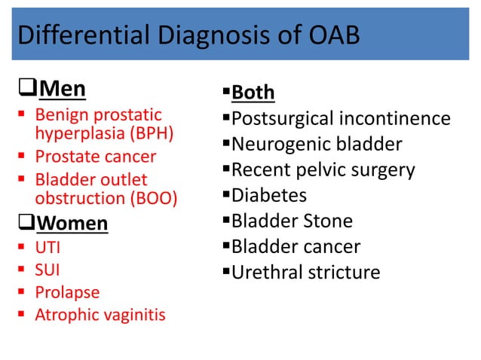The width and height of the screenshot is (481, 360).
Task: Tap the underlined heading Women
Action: click(x=72, y=224)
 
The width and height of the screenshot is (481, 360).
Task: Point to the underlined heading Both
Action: click(x=253, y=93)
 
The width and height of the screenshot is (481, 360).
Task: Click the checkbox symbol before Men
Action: click(x=26, y=90)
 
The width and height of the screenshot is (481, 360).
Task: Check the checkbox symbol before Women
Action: click(x=26, y=224)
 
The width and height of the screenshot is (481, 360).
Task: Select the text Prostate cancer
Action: click(x=96, y=157)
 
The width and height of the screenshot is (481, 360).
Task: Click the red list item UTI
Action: click(x=46, y=247)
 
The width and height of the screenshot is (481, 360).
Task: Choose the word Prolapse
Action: click(x=67, y=291)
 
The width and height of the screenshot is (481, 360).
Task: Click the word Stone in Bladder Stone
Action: click(x=329, y=221)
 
